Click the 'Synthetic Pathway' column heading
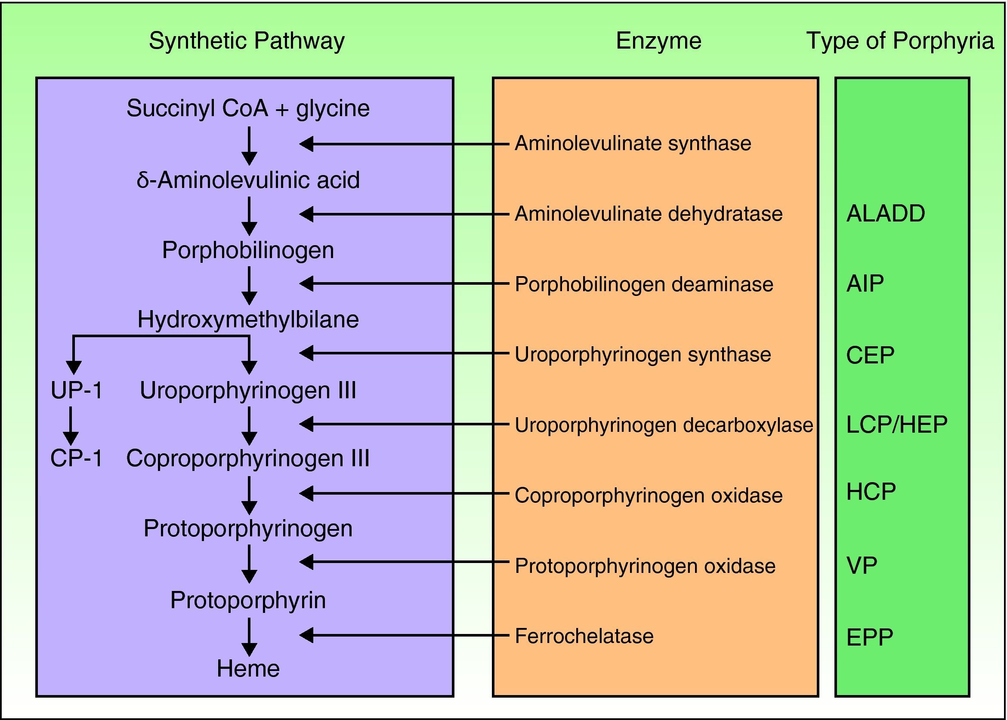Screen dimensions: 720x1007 [247, 41]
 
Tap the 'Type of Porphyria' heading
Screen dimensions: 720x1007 [900, 41]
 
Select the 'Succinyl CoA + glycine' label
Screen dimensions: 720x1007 [248, 109]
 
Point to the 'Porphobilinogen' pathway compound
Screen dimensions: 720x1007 [248, 250]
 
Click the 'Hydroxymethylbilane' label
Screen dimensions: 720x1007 [248, 320]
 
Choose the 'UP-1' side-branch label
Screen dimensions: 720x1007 [76, 391]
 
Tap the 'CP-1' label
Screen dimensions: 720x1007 [76, 458]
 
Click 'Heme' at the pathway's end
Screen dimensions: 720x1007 [248, 668]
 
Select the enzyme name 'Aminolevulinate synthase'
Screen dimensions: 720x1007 [633, 144]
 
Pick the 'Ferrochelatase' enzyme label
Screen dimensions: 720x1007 [584, 636]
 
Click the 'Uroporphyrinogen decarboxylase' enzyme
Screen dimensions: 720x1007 [664, 425]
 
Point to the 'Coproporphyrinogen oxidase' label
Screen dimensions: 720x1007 [649, 495]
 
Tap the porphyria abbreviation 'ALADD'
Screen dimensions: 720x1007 [886, 214]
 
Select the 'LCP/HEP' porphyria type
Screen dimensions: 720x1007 [896, 425]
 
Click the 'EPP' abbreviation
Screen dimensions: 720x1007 [869, 637]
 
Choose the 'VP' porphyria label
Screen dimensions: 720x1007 [862, 566]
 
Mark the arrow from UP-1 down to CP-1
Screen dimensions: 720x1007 [71, 426]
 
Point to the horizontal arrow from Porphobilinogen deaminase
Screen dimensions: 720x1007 [404, 284]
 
